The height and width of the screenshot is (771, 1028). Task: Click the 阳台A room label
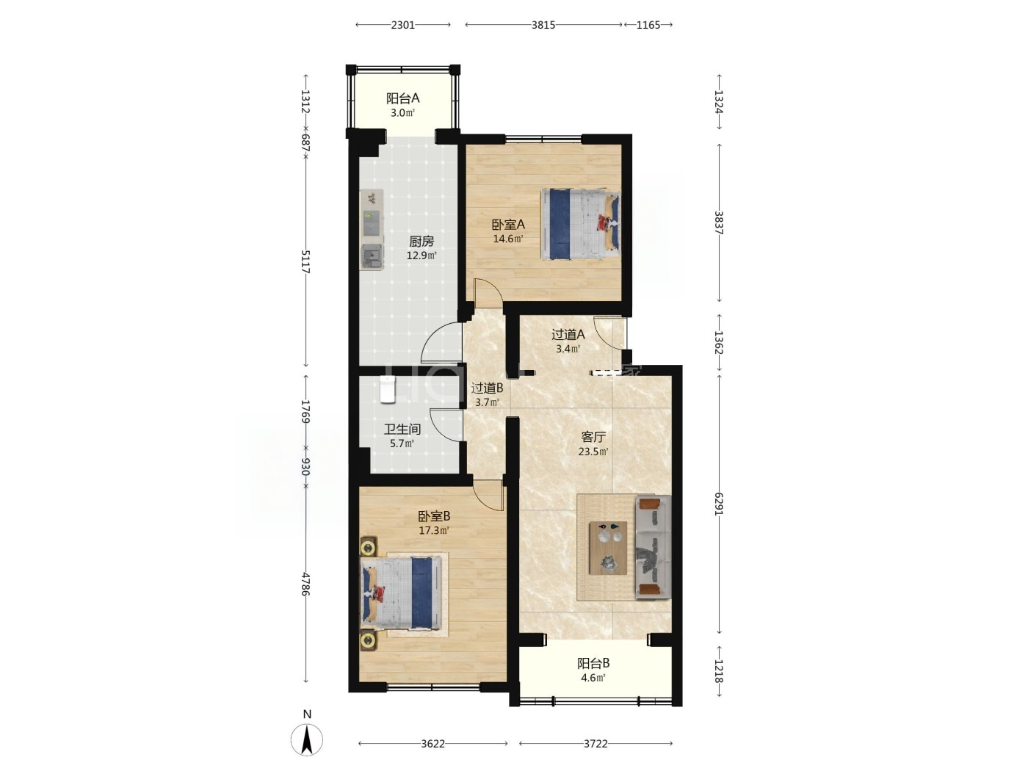[402, 98]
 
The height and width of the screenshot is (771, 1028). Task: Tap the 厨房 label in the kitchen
[421, 242]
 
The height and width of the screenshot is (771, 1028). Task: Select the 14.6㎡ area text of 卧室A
[507, 239]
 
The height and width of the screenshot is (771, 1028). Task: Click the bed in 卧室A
[580, 224]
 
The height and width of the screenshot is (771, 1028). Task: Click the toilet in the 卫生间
[387, 390]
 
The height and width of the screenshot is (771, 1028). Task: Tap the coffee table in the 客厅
[608, 548]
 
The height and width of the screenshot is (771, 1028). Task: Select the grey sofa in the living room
[653, 547]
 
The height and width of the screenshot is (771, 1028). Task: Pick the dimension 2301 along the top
[403, 25]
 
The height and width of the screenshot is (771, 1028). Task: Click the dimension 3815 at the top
[543, 25]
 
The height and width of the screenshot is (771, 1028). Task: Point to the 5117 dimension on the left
[305, 261]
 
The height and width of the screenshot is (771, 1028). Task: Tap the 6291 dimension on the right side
[719, 504]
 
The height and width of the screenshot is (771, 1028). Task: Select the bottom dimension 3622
[432, 744]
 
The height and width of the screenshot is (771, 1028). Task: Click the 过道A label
[568, 335]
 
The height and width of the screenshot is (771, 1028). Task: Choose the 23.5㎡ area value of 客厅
[593, 452]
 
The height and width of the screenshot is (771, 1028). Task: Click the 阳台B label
[593, 663]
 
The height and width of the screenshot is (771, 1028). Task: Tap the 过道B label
[487, 388]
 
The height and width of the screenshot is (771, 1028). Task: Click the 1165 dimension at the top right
[648, 25]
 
